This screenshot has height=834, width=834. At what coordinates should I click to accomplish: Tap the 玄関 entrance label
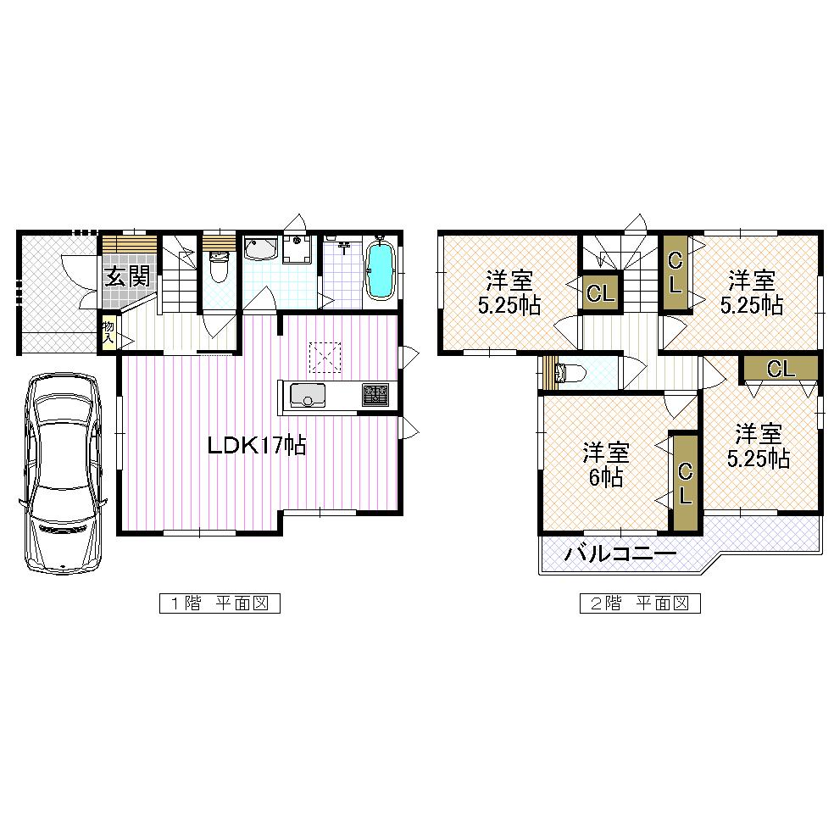(x=127, y=276)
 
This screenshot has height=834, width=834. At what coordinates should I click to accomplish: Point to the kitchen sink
(x=308, y=396)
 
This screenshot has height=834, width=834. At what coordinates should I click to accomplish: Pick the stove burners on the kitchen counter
(x=376, y=395)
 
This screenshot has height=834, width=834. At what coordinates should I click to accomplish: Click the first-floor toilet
(x=218, y=267)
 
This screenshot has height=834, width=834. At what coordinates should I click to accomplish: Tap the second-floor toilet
(x=568, y=373)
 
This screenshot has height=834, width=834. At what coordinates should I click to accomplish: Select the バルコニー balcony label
(x=620, y=555)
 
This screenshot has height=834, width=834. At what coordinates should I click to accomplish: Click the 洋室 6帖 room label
(x=604, y=464)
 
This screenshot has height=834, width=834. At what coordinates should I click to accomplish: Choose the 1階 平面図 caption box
(x=220, y=603)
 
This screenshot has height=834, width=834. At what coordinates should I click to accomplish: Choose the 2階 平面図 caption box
(x=640, y=603)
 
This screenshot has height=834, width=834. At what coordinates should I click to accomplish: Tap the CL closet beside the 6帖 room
(x=685, y=483)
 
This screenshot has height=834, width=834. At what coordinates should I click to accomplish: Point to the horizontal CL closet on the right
(x=781, y=369)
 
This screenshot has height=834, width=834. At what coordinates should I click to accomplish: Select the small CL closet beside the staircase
(x=600, y=293)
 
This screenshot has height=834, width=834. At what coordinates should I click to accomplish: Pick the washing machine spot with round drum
(x=297, y=250)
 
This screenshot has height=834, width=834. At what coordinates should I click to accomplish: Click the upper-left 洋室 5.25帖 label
(x=509, y=292)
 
